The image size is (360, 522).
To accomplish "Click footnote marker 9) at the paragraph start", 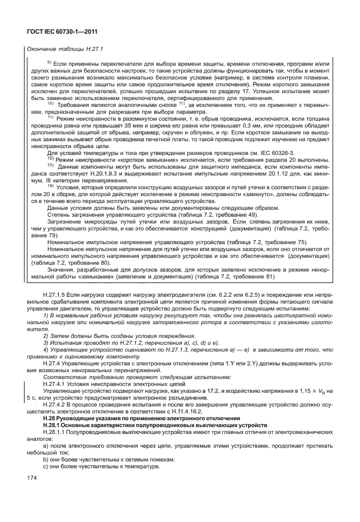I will click(x=49, y=62).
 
